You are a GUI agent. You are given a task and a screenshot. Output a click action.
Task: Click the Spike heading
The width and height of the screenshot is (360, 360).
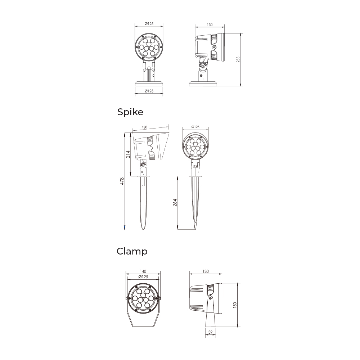130,112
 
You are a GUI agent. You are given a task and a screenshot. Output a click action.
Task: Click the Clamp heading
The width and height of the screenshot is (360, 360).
132,251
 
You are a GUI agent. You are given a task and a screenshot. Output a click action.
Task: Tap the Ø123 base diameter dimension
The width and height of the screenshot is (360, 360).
149,91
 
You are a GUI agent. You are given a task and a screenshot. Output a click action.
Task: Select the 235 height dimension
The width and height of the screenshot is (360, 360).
238,59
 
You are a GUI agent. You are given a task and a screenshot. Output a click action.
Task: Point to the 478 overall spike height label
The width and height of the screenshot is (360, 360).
122,181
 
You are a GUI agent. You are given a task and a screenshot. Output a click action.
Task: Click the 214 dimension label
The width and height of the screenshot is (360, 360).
128,154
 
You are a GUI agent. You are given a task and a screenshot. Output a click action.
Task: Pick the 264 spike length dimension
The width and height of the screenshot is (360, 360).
175,202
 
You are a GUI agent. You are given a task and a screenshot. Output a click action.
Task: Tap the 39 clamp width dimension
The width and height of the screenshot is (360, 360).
210,332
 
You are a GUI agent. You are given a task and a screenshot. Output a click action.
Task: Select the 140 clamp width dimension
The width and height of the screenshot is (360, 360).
143,271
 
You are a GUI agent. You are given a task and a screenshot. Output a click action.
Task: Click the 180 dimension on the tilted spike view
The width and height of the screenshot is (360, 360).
144,127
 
